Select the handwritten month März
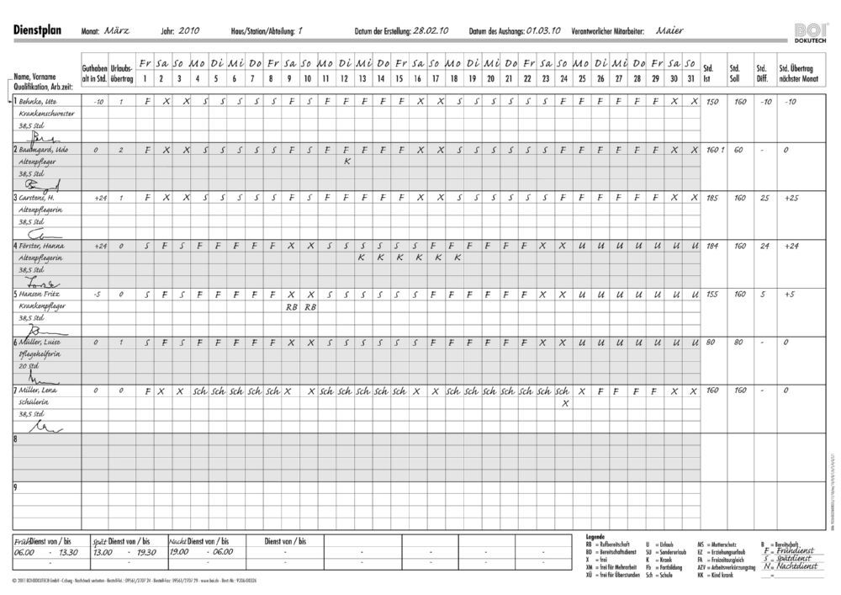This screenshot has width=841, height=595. tap(117, 30)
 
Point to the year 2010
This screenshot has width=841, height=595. tap(190, 30)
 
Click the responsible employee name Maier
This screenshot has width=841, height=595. tap(669, 30)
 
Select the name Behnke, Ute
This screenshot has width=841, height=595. tap(38, 102)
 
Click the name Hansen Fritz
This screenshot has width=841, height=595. tap(39, 294)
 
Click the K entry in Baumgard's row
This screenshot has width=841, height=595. tap(347, 162)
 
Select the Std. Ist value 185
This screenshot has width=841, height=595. tap(712, 198)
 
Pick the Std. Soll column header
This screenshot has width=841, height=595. tap(736, 74)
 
